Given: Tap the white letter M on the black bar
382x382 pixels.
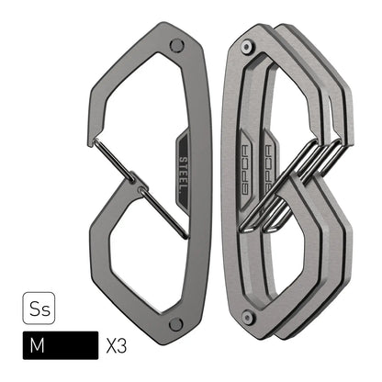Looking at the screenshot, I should point(38,346).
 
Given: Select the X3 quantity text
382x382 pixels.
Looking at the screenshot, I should point(118,347).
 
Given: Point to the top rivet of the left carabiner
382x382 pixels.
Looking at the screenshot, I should point(176,44).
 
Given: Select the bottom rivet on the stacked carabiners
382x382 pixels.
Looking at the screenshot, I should point(245,317).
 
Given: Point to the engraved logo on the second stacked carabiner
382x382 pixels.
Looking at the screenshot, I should point(267,160).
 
